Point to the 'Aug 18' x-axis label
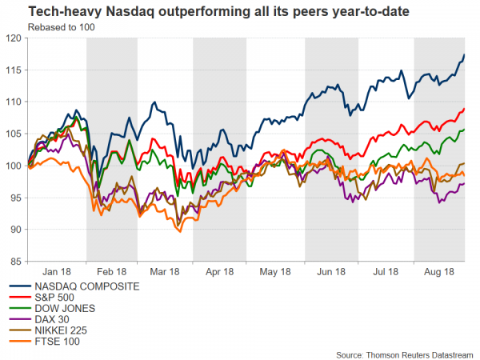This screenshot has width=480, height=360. pyautogui.click(x=439, y=272)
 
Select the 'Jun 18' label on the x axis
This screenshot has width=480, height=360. pyautogui.click(x=331, y=272)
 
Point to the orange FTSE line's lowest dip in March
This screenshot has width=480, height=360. pyautogui.click(x=179, y=231)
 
